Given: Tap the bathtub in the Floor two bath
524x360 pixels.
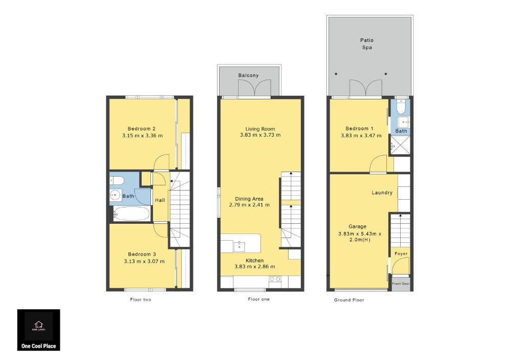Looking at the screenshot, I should point(131,214).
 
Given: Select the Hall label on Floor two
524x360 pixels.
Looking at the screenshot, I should point(160,200).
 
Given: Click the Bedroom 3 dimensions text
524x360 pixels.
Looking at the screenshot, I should point(144,261).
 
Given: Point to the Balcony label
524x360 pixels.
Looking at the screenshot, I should point(248,75).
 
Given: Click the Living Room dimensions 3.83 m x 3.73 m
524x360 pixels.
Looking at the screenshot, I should point(260,135).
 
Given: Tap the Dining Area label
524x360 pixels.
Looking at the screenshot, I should point(249,199).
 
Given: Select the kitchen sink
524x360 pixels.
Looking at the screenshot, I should point(239,246).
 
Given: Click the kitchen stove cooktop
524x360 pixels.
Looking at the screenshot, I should point(275,279).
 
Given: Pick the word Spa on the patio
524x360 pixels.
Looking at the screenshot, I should point(367,48).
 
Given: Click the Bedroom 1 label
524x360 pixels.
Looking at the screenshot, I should point(359,129).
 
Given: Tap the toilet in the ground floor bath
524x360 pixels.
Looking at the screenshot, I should point(401,107).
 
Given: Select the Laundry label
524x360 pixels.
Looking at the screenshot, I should point(382,193).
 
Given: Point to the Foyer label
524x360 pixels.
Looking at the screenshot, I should point(401,253).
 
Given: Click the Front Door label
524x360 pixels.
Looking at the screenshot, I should point(401,284).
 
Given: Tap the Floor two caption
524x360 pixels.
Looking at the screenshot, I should point(141,300).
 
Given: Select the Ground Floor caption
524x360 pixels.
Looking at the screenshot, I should point(349,300).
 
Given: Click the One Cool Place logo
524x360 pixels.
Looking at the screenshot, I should point(39,330).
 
